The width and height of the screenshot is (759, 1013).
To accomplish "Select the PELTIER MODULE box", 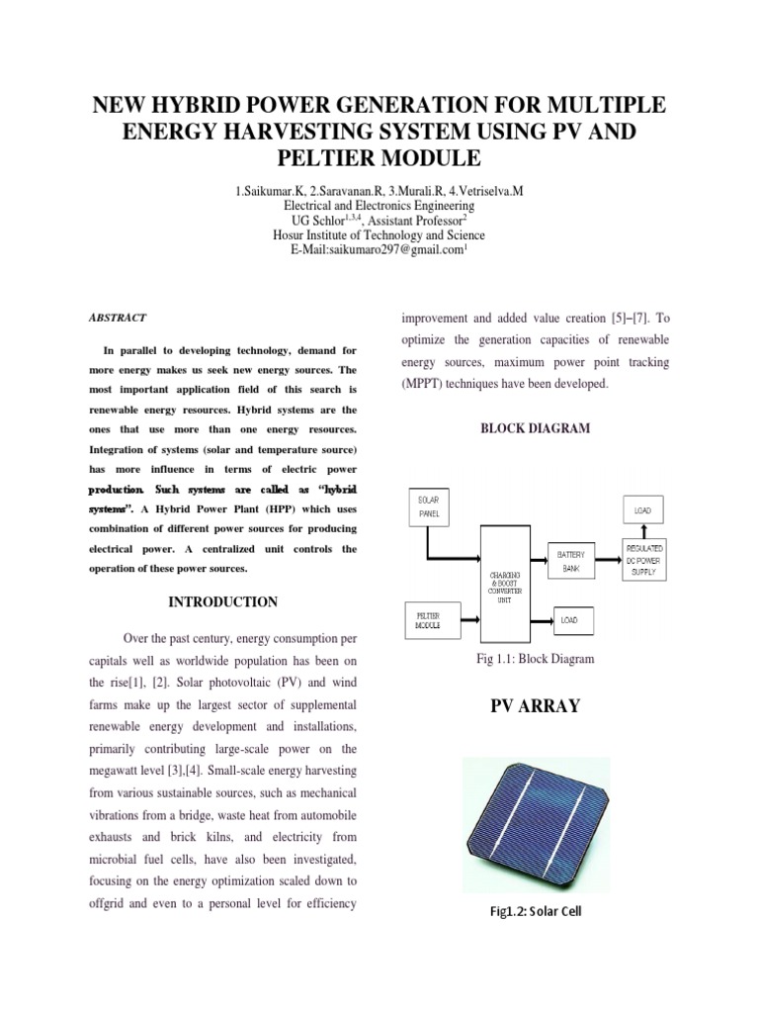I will point(428,620).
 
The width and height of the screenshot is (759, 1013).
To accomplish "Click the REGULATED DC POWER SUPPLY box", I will point(642,559).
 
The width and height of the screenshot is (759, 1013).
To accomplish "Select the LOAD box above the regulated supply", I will point(642,510).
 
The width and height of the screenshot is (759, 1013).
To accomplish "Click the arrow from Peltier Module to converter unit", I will point(467,620).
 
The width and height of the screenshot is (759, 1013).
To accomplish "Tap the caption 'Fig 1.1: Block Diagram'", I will point(534,659).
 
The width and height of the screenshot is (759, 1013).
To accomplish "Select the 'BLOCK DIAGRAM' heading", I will point(535,428).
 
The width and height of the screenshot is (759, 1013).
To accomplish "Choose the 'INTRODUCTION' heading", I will point(222,601).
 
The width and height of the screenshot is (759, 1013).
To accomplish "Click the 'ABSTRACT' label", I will point(118,318).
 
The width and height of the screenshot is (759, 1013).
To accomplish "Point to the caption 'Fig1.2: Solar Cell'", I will point(535,911).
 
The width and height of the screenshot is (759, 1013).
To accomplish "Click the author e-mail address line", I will point(379,251).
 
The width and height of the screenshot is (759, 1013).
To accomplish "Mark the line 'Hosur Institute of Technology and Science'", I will point(379,235).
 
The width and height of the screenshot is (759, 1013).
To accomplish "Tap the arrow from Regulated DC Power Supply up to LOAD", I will point(642,534).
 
